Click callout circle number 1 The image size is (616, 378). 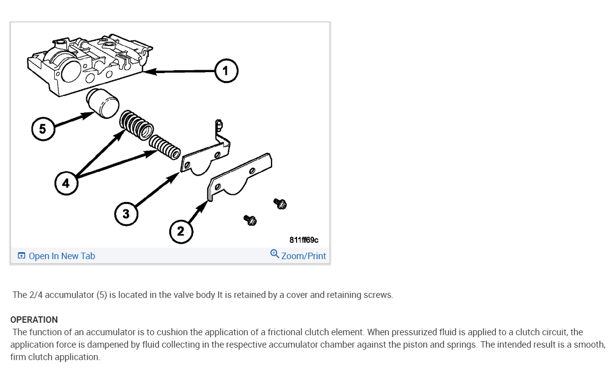point(226,71)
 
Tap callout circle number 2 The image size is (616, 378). point(181,231)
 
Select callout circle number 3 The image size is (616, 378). point(126,214)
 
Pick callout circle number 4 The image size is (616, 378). point(66,183)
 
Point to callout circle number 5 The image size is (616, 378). point(43,129)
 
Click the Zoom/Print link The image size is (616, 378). point(304,256)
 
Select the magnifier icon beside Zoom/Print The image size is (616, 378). point(275,254)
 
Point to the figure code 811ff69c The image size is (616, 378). point(304,240)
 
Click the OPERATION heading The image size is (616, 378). point(34,320)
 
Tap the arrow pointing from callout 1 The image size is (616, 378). point(179,71)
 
